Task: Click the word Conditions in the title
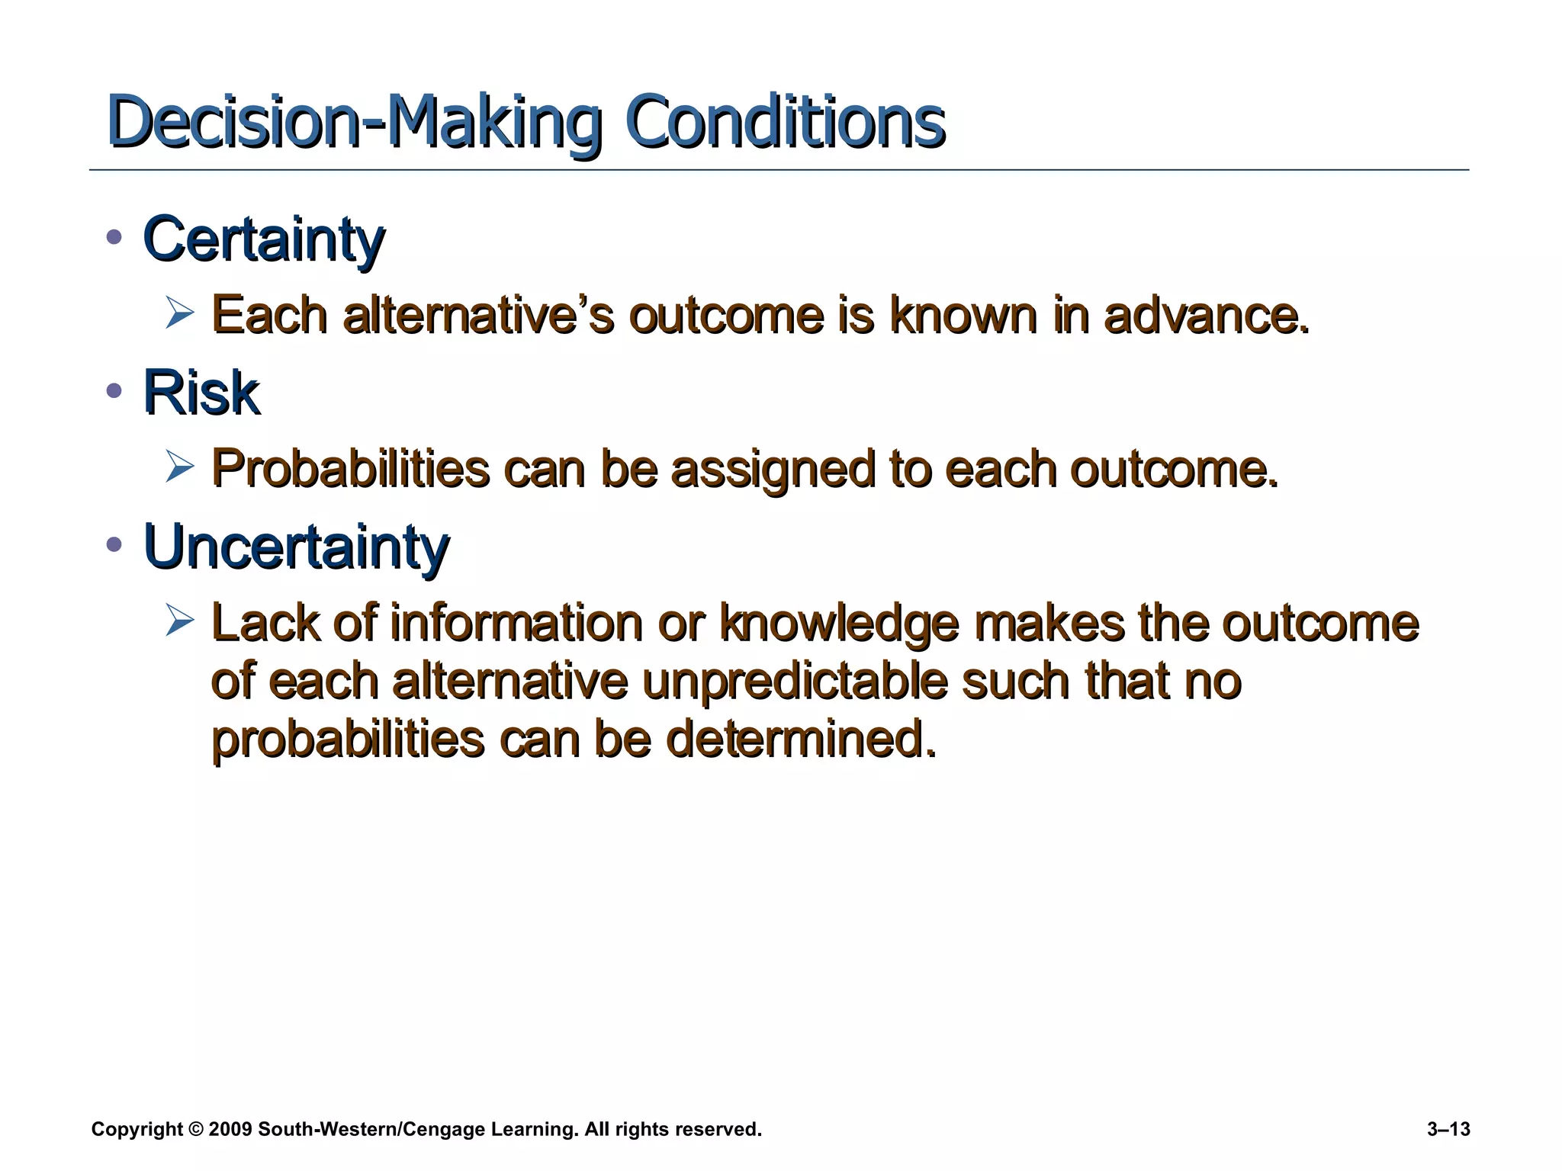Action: pos(786,122)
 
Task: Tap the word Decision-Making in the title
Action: pos(355,122)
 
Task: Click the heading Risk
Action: pos(201,393)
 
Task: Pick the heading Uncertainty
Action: pos(297,547)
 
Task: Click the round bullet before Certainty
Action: pos(114,237)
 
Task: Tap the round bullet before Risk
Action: pos(114,391)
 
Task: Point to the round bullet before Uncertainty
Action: pos(114,544)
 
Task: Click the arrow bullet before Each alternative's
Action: pos(180,313)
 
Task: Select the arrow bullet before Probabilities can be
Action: pos(180,467)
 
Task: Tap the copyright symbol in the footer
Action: pos(196,1130)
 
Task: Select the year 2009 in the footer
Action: pos(230,1130)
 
